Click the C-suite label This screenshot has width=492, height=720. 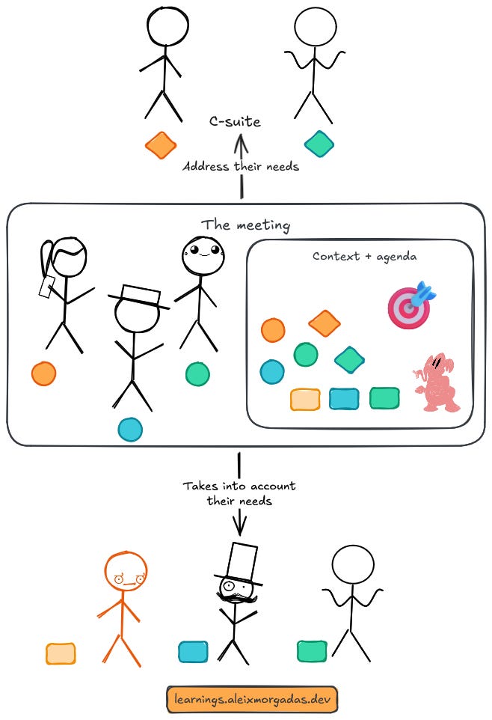[236, 122]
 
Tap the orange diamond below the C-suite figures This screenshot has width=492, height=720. [161, 145]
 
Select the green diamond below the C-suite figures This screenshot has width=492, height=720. [319, 144]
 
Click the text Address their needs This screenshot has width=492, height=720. [241, 166]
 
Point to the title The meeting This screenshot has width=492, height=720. [245, 225]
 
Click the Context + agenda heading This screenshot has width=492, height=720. [364, 256]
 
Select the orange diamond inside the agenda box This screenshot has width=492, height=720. [324, 323]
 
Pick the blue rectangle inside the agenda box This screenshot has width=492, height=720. [344, 398]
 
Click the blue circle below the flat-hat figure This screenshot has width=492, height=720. [130, 429]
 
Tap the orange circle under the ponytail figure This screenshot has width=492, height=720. [43, 373]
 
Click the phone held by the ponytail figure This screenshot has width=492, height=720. [47, 287]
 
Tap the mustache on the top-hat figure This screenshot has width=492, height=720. [234, 597]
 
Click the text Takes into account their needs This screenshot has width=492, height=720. [239, 493]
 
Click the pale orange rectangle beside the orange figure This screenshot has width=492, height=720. [61, 653]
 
